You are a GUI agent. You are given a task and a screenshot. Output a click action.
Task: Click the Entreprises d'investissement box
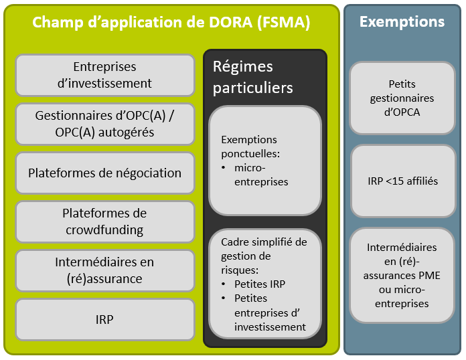click(104, 76)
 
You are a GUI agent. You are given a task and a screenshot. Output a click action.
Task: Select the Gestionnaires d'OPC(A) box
click(104, 124)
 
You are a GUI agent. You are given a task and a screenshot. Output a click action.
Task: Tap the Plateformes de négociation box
click(104, 173)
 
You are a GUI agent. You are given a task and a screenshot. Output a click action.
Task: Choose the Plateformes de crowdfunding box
click(104, 221)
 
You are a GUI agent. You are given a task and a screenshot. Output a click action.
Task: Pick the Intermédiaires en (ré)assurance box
click(104, 270)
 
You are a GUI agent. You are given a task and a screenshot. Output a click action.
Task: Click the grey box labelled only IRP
click(104, 319)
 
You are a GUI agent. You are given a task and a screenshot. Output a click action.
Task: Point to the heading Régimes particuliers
click(252, 77)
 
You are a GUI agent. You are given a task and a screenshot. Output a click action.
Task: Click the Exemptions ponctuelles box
click(264, 161)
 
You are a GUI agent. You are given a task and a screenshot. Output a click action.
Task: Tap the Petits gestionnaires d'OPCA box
click(402, 98)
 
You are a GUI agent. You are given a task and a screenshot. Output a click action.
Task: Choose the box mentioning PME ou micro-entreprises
click(402, 276)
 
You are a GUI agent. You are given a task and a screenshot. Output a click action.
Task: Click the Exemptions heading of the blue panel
click(402, 21)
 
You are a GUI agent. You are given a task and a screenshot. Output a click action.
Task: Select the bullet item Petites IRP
click(260, 284)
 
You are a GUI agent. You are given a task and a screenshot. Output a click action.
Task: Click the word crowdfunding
click(104, 230)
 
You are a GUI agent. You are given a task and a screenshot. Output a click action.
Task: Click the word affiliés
click(419, 181)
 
